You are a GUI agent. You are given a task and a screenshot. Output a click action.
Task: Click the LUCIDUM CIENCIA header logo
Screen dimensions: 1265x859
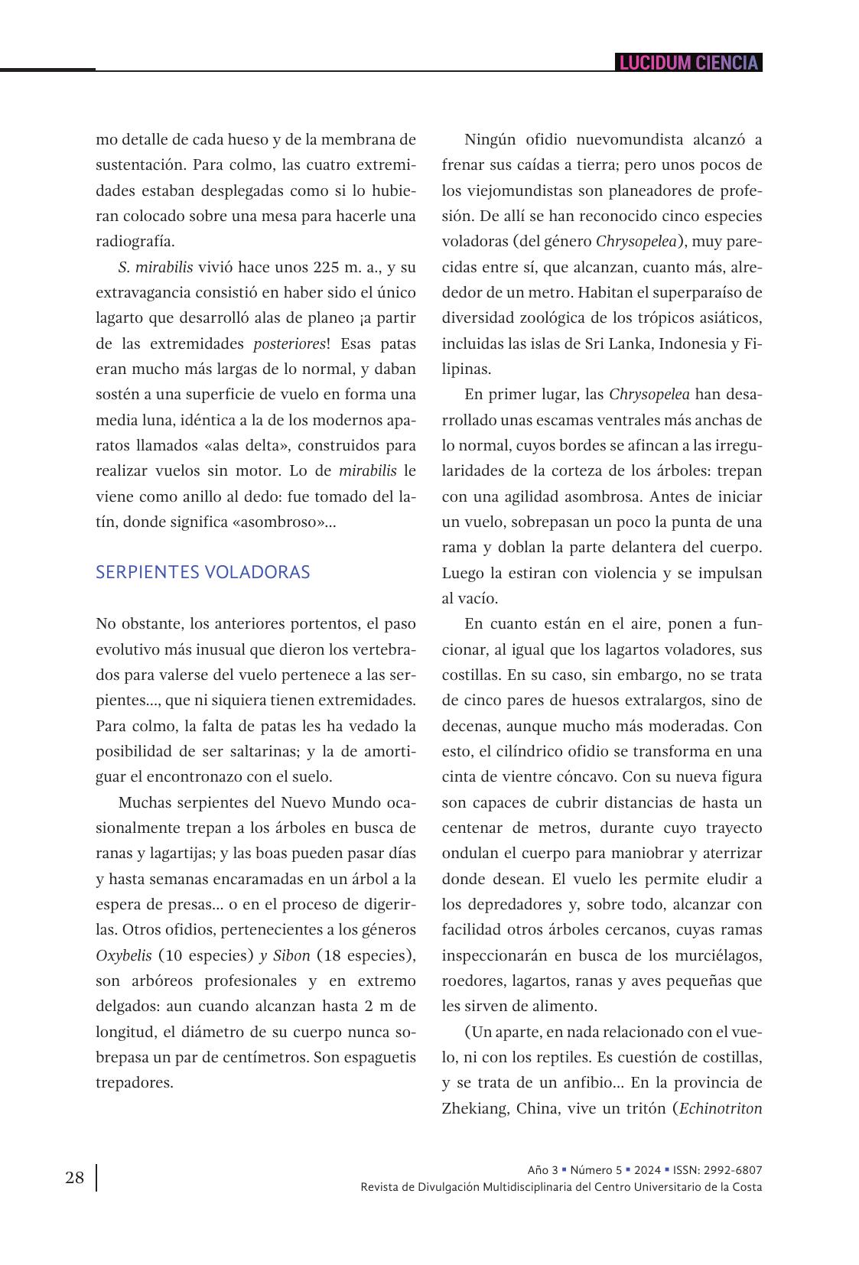688,63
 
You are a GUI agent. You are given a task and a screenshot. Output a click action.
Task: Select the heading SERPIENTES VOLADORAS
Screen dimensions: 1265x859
203,572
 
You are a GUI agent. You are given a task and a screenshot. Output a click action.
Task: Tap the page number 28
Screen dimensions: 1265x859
74,1178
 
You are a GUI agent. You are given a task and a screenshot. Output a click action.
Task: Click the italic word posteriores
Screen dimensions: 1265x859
289,343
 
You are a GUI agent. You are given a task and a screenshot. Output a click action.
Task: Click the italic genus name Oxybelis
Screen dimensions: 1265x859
123,955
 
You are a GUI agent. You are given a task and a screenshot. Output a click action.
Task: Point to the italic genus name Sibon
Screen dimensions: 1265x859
291,955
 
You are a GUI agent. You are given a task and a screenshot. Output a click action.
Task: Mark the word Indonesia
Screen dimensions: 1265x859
691,343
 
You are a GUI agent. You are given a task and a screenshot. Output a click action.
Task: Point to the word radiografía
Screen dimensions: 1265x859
135,241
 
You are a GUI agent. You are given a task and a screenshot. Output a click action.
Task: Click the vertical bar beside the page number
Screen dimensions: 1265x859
96,1178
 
